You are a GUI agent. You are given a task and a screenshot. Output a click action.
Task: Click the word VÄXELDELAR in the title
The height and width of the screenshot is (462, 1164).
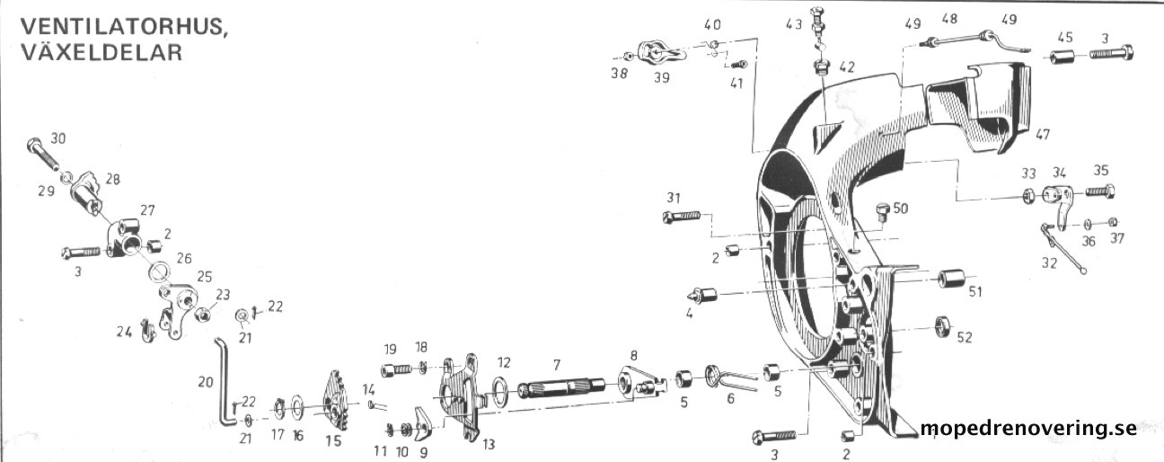click(101, 52)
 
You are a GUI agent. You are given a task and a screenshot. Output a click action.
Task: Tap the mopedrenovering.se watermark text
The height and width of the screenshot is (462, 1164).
click(1029, 429)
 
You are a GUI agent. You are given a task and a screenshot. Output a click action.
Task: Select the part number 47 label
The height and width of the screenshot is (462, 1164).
click(1042, 135)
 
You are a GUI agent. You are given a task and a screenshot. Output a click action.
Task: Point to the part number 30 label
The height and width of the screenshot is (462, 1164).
click(57, 138)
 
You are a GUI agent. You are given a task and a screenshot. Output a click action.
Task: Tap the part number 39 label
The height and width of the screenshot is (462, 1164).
click(662, 78)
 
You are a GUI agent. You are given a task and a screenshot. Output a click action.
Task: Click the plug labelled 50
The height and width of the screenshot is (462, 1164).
click(883, 213)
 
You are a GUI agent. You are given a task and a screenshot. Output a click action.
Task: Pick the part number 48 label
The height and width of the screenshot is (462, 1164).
click(949, 19)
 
